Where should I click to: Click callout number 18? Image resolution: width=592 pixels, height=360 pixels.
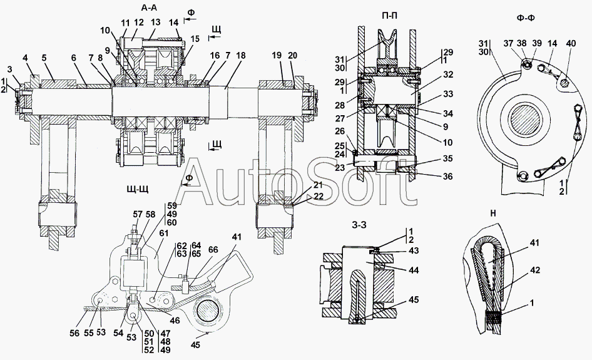pyautogui.click(x=242, y=56)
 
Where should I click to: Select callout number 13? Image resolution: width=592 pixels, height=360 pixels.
pyautogui.click(x=155, y=22)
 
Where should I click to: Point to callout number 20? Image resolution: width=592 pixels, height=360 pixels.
pyautogui.click(x=293, y=56)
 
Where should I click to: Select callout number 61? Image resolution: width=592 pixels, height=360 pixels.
pyautogui.click(x=163, y=233)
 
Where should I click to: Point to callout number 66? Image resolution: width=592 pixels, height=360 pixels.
pyautogui.click(x=213, y=249)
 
